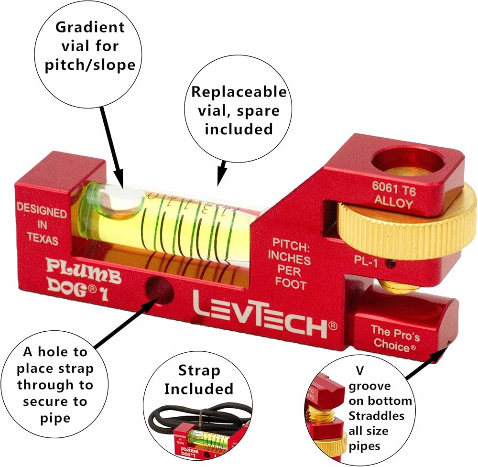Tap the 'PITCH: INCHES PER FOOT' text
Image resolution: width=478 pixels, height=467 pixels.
pos(289,263)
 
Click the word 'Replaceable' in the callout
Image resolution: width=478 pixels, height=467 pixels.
pos(239,92)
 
